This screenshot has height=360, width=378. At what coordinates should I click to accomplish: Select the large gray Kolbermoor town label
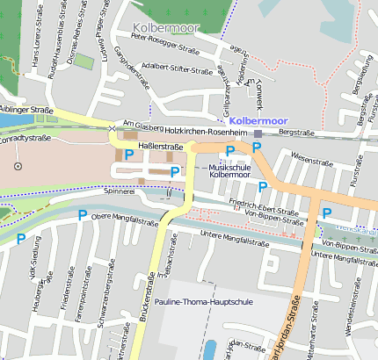click(x=166, y=27)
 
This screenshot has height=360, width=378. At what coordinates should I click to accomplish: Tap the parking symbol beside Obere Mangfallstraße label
click(x=82, y=215)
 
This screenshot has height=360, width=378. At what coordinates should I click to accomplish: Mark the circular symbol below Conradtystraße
click(x=18, y=165)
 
